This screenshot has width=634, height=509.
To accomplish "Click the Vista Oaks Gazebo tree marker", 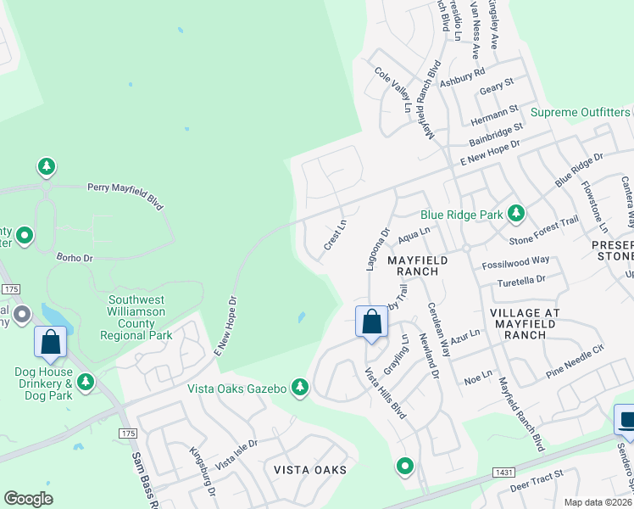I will pyautogui.click(x=299, y=388).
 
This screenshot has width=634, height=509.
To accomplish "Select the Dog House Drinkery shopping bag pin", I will pyautogui.click(x=51, y=342).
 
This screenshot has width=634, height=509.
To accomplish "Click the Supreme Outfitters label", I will pyautogui.click(x=581, y=112).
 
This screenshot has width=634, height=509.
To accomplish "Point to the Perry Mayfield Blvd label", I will pyautogui.click(x=125, y=196).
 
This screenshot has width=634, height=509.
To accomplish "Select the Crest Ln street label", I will pyautogui.click(x=336, y=235).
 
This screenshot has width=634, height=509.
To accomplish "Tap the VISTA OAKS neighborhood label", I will pyautogui.click(x=310, y=468).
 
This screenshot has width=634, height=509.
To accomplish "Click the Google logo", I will pyautogui.click(x=29, y=499).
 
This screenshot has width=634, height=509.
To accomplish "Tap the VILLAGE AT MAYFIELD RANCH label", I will pyautogui.click(x=525, y=323).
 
